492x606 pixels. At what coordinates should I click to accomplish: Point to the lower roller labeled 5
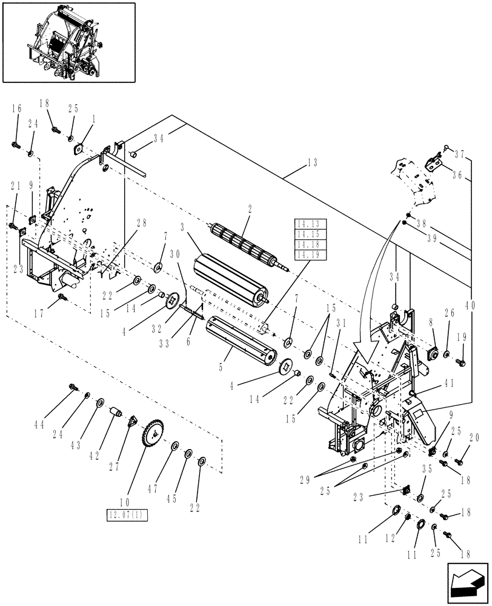click(242, 336)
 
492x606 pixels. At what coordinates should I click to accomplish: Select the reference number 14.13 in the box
click(310, 224)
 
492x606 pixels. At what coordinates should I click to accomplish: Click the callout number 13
click(312, 162)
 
